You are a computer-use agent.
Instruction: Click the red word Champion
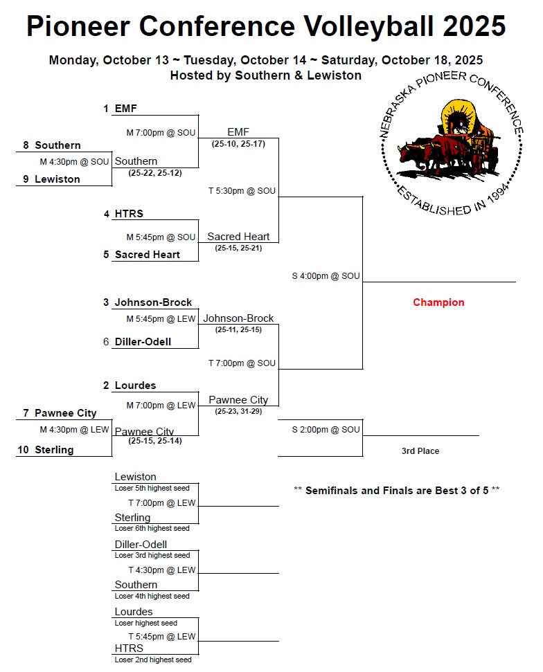click(x=438, y=302)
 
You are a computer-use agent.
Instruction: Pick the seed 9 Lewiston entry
click(x=57, y=179)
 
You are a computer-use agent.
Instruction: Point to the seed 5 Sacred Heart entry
click(x=147, y=255)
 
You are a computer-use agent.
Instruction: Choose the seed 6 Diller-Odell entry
click(x=143, y=342)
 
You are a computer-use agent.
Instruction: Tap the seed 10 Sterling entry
click(x=53, y=450)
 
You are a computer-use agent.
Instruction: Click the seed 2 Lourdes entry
click(x=135, y=385)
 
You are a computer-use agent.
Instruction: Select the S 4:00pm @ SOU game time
click(x=326, y=276)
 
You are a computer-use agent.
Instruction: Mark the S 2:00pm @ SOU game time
click(x=326, y=430)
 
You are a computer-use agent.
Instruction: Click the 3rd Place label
click(x=420, y=451)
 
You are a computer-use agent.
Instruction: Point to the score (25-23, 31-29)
click(x=238, y=411)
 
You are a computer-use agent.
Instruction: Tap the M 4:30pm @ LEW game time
click(x=74, y=430)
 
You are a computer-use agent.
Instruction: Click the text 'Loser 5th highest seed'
click(x=152, y=488)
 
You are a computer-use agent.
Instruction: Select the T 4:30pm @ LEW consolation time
click(x=161, y=570)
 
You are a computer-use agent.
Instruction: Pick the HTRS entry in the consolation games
click(x=129, y=648)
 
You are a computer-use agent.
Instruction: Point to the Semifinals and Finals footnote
click(x=397, y=491)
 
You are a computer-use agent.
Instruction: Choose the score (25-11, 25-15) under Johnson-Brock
click(x=238, y=330)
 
